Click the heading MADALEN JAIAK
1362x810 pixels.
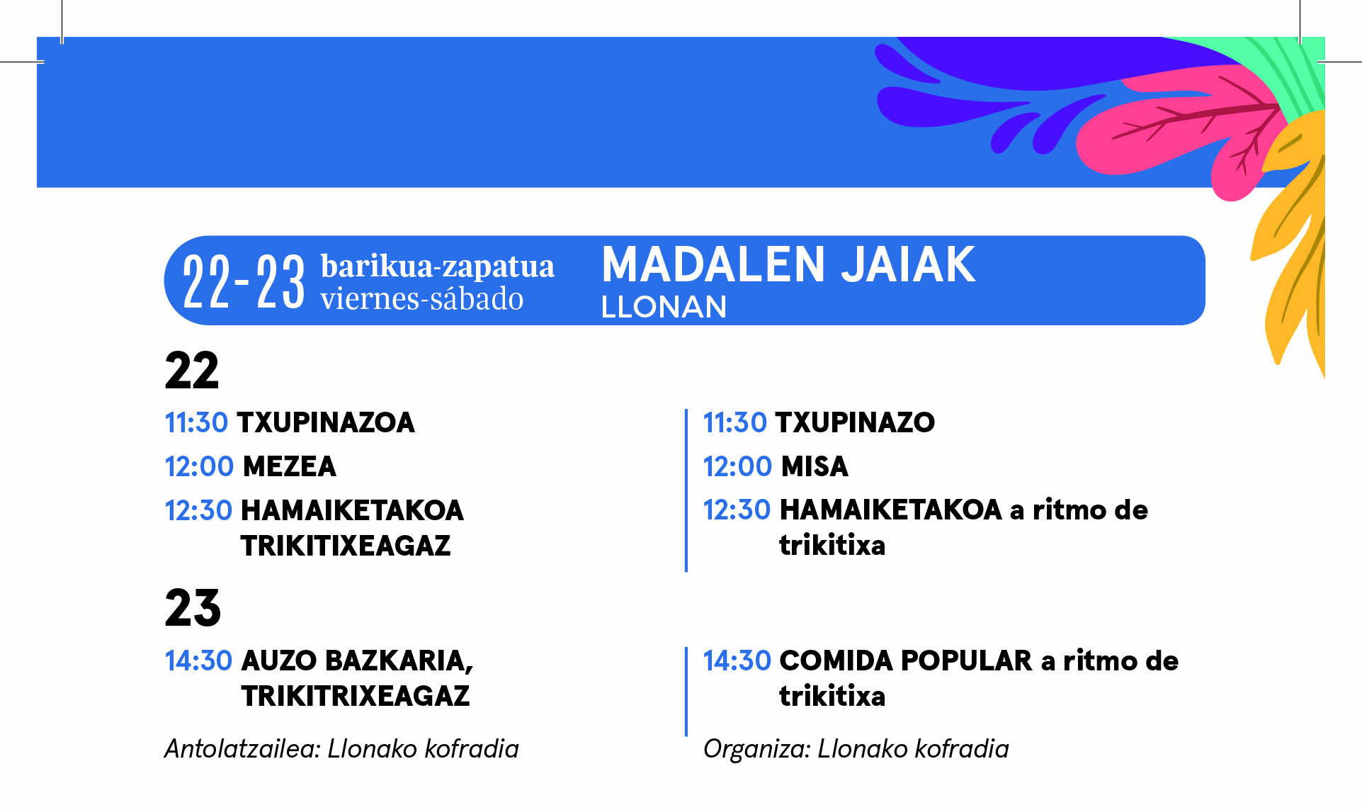788,265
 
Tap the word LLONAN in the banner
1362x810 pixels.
664,307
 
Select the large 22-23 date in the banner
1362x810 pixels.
244,282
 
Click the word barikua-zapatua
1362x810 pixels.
438,266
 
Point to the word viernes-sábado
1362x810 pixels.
422,299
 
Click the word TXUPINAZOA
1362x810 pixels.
326,422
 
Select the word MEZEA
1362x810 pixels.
289,466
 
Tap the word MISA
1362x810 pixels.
815,466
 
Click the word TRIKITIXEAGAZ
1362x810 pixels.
346,546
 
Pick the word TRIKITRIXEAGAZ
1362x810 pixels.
356,696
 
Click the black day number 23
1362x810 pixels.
193,608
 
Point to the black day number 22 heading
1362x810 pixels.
192,371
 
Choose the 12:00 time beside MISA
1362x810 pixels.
737,466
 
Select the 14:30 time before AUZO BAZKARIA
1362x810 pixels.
198,660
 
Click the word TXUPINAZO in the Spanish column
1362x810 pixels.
855,422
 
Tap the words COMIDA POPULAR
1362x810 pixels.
906,660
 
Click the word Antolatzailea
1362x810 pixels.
242,748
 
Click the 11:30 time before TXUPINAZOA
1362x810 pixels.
196,422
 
